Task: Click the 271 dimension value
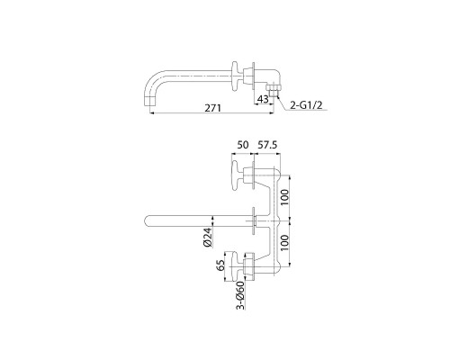pyautogui.click(x=212, y=108)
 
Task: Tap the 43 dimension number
pyautogui.click(x=263, y=99)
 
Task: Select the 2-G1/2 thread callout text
pyautogui.click(x=306, y=105)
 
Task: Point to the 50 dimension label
pyautogui.click(x=243, y=145)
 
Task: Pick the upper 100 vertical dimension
pyautogui.click(x=285, y=197)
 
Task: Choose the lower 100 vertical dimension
pyautogui.click(x=285, y=242)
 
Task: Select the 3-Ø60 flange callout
pyautogui.click(x=240, y=295)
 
